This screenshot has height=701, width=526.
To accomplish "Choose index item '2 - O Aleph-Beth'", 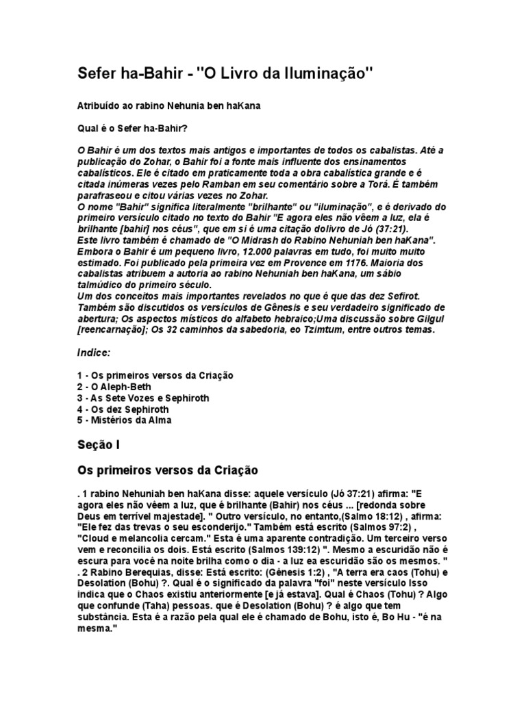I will pyautogui.click(x=114, y=387).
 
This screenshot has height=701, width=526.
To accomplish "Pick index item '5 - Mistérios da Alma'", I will pyautogui.click(x=123, y=420).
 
